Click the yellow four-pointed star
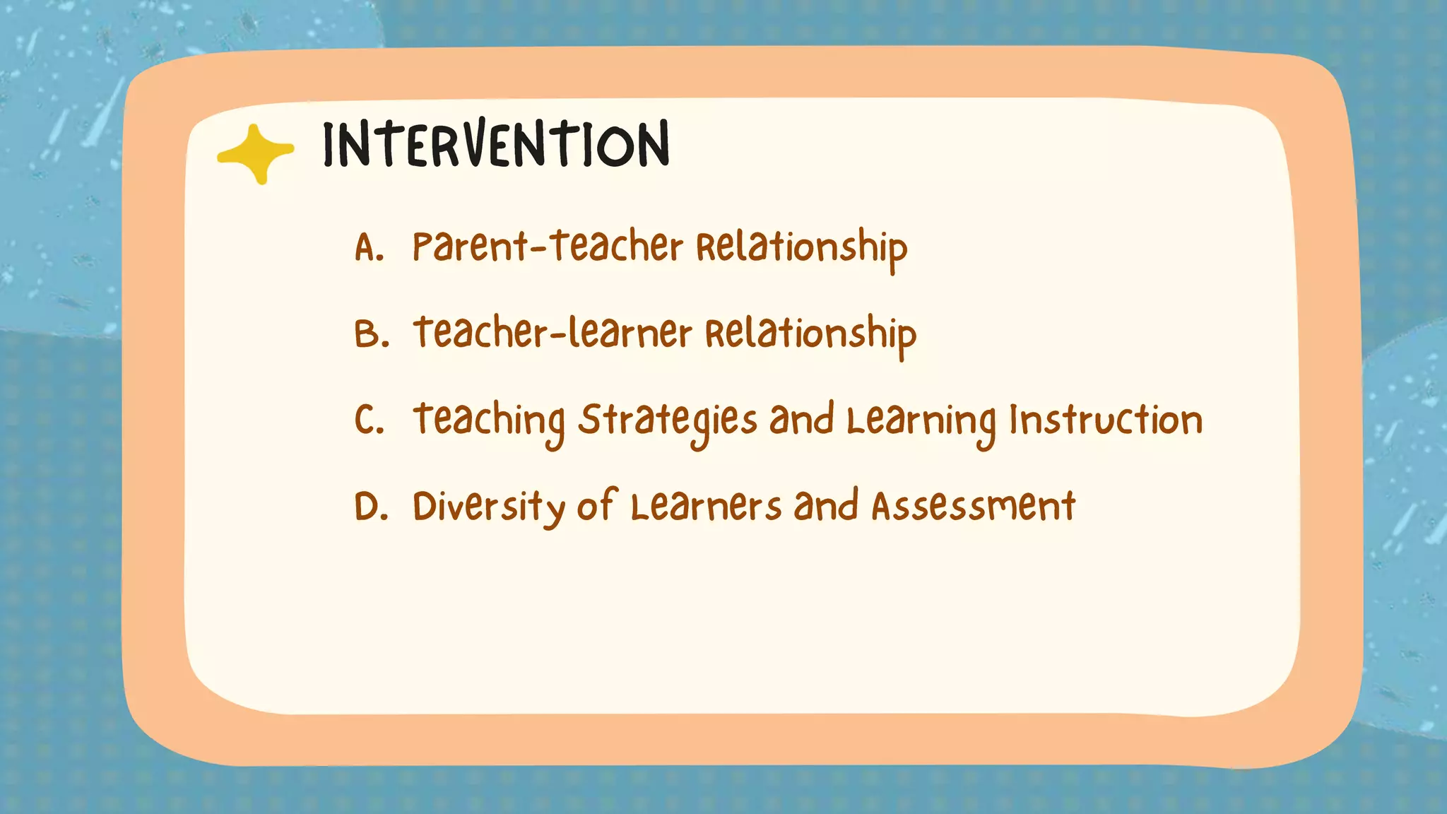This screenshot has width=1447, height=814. coord(256,153)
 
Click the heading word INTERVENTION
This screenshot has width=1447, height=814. coord(495,145)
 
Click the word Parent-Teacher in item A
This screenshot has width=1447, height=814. coord(548,247)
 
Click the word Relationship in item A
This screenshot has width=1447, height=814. coord(801,249)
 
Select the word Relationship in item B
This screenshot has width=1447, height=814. coord(810,335)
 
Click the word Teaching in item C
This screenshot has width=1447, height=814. coord(489,421)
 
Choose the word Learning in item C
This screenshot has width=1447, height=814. coord(921,421)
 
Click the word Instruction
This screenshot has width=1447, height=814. coord(1106,420)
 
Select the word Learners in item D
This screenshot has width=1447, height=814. coord(706,506)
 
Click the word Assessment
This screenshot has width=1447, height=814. coord(973,506)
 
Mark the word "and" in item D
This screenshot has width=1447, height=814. coord(825,506)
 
